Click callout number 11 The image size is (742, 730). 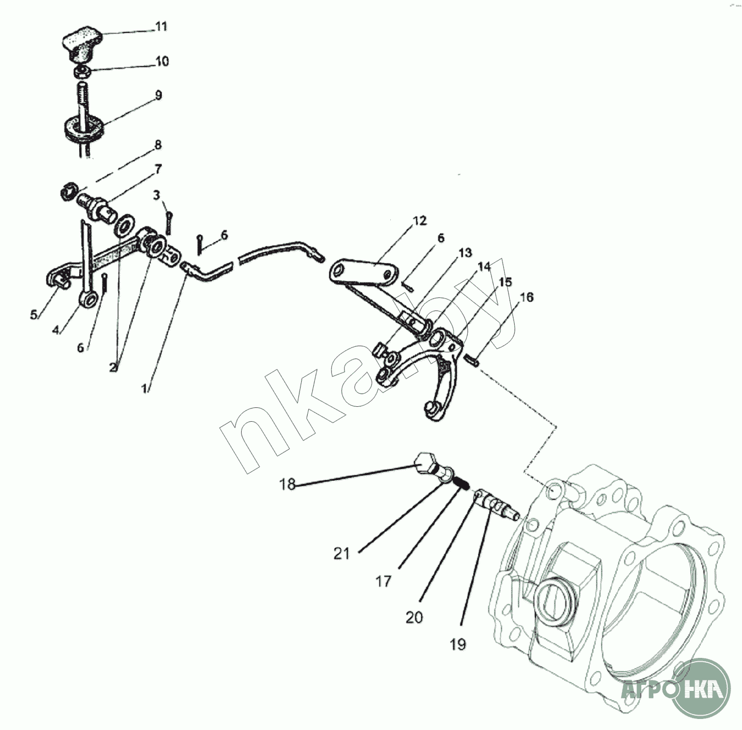[x=161, y=26]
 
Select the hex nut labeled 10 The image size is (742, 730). [x=82, y=72]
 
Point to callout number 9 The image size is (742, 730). [x=159, y=95]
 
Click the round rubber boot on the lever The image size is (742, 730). [x=83, y=128]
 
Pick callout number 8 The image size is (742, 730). [x=158, y=145]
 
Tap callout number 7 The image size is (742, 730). [x=159, y=168]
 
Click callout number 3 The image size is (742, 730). [x=156, y=195]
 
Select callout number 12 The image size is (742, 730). [x=420, y=221]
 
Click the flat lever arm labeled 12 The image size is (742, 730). [x=364, y=273]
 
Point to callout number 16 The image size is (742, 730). [x=527, y=297]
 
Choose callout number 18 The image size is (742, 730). [x=287, y=484]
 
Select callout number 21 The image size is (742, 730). [x=341, y=554]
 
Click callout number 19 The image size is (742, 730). [x=457, y=645]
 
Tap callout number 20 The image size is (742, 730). [x=414, y=618]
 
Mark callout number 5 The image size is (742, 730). [x=34, y=315]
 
